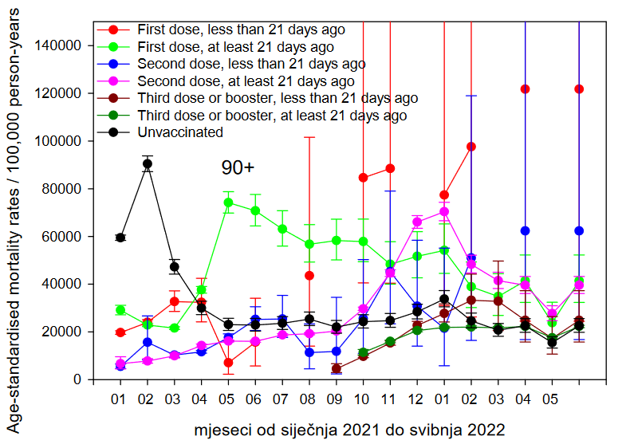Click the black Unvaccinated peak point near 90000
[148, 164]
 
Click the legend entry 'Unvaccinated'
[181, 132]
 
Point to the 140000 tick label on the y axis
[60, 46]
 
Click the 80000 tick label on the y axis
[64, 189]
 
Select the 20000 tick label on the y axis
[64, 332]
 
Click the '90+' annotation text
[238, 168]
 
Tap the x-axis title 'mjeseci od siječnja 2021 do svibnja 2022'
[349, 430]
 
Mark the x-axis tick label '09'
[337, 396]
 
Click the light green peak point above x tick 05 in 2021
[228, 202]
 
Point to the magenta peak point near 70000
[444, 211]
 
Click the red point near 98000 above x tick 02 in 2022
[471, 147]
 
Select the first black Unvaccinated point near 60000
[120, 238]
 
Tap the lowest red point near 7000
[228, 363]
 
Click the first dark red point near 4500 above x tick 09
[337, 369]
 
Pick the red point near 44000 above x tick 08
[309, 276]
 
